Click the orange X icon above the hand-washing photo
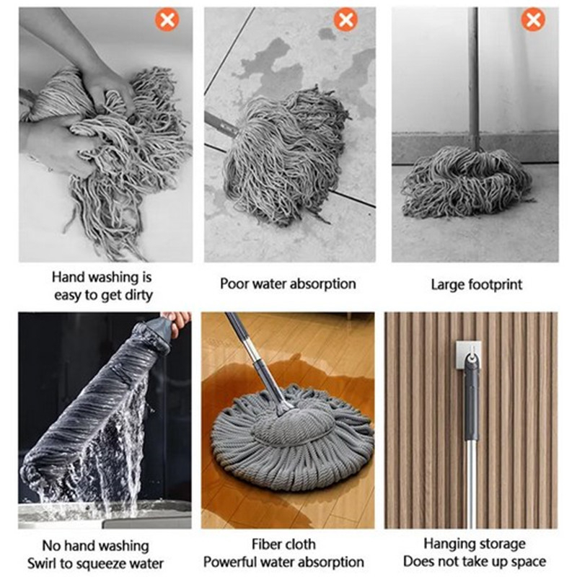[167, 19]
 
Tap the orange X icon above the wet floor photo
[345, 19]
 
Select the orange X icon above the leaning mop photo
[533, 19]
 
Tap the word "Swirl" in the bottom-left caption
[43, 563]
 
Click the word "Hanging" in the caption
[447, 544]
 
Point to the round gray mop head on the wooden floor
[293, 438]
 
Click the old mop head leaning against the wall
[467, 180]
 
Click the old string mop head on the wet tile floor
[285, 157]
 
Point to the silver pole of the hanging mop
[471, 484]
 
